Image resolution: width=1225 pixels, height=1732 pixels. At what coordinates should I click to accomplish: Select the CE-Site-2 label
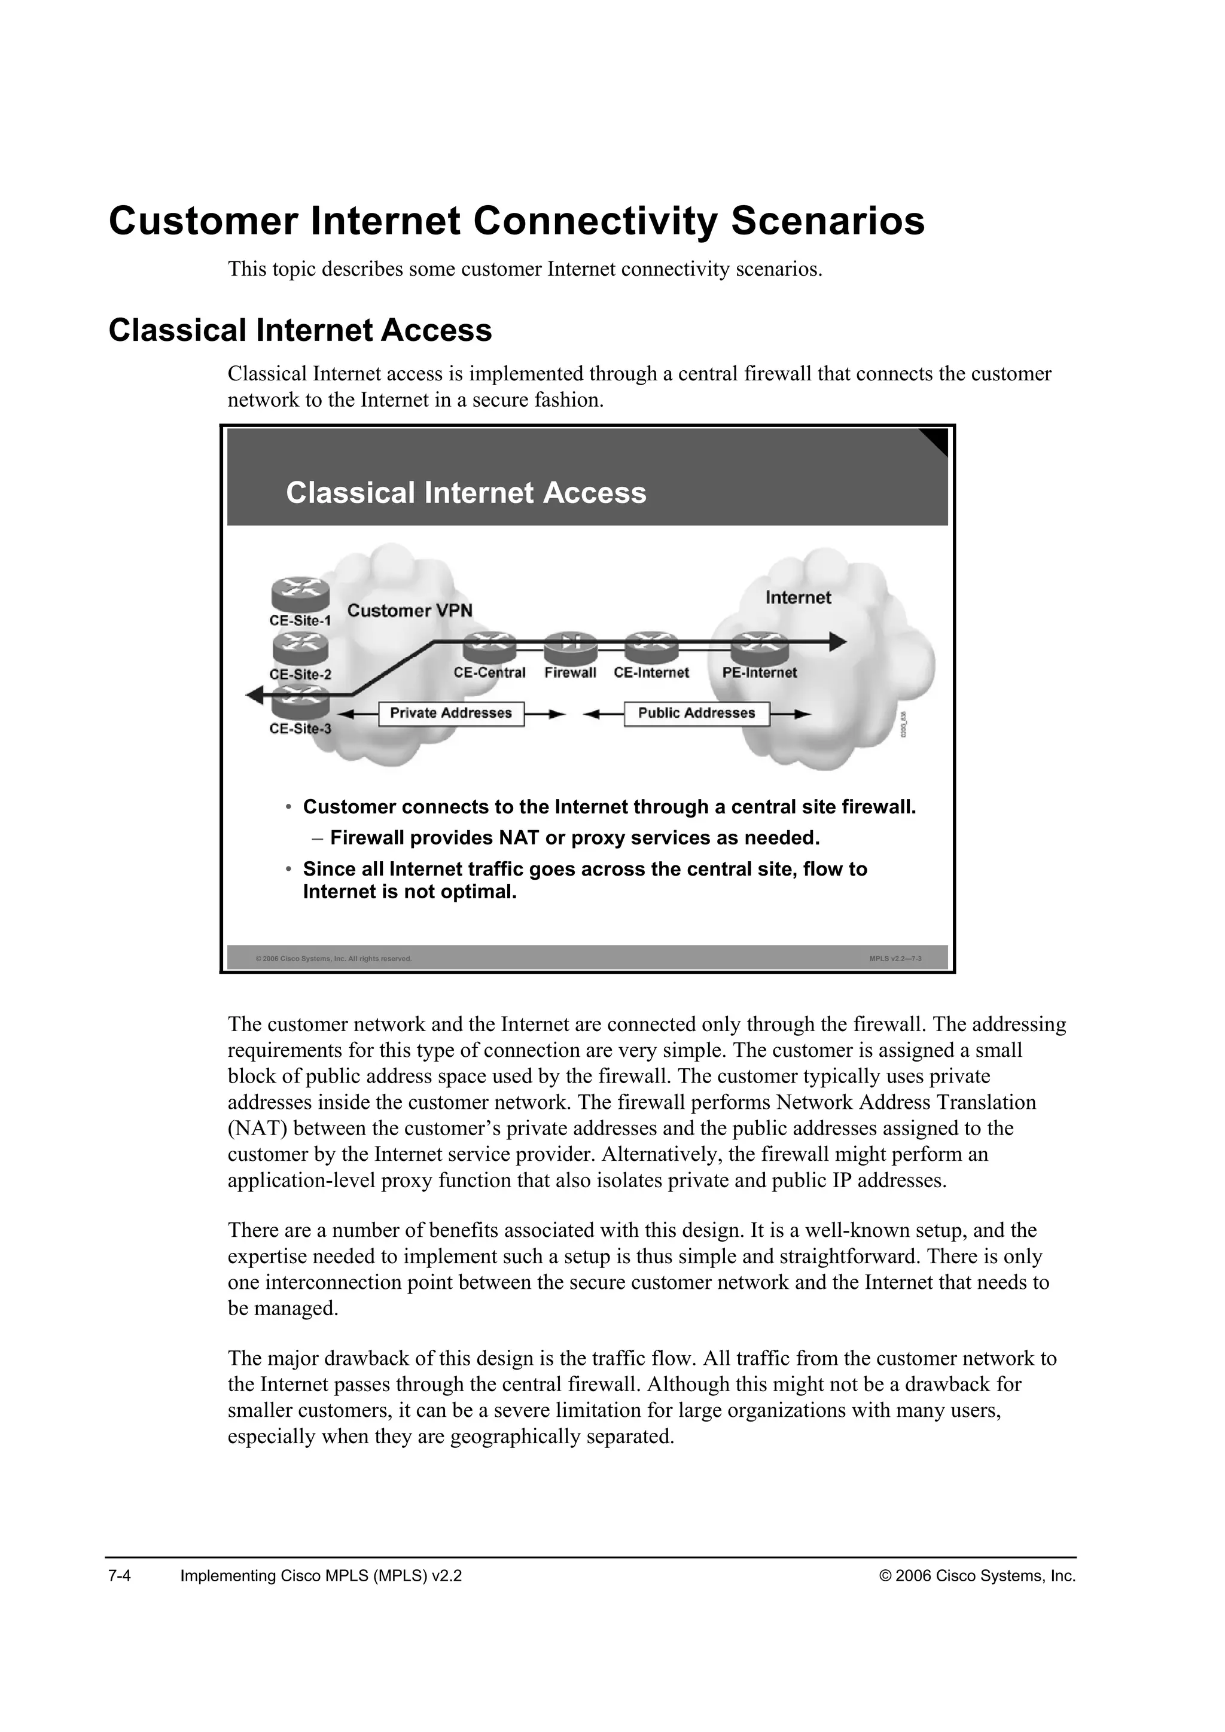pyautogui.click(x=300, y=675)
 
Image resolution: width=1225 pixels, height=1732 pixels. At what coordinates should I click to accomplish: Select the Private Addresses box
pyautogui.click(x=451, y=713)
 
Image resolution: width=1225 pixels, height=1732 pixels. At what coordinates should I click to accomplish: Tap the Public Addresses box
pyautogui.click(x=696, y=713)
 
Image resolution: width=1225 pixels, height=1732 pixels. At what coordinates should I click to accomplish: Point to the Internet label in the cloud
pyautogui.click(x=798, y=598)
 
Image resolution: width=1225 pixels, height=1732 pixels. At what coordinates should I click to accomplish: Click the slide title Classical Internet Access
pyautogui.click(x=466, y=493)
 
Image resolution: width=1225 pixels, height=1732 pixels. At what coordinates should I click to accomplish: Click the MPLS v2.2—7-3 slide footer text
pyautogui.click(x=895, y=959)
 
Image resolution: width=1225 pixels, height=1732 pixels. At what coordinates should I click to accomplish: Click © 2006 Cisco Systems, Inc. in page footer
pyautogui.click(x=977, y=1576)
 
